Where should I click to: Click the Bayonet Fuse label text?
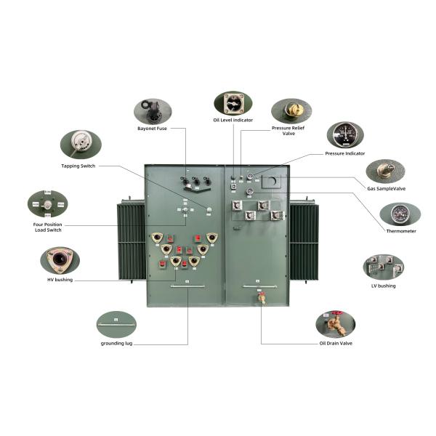click(x=153, y=129)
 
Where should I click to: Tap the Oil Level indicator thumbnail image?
click(x=233, y=104)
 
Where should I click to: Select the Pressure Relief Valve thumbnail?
click(x=291, y=110)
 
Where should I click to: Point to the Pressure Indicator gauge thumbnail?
click(x=345, y=134)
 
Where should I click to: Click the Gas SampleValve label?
click(x=387, y=187)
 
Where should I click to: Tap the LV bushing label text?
click(x=383, y=286)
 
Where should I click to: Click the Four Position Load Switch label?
click(x=48, y=226)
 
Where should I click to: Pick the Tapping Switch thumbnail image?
click(x=81, y=144)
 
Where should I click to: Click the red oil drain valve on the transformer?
click(x=262, y=297)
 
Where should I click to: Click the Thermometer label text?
click(x=401, y=231)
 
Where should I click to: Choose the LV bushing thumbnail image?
click(x=383, y=267)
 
